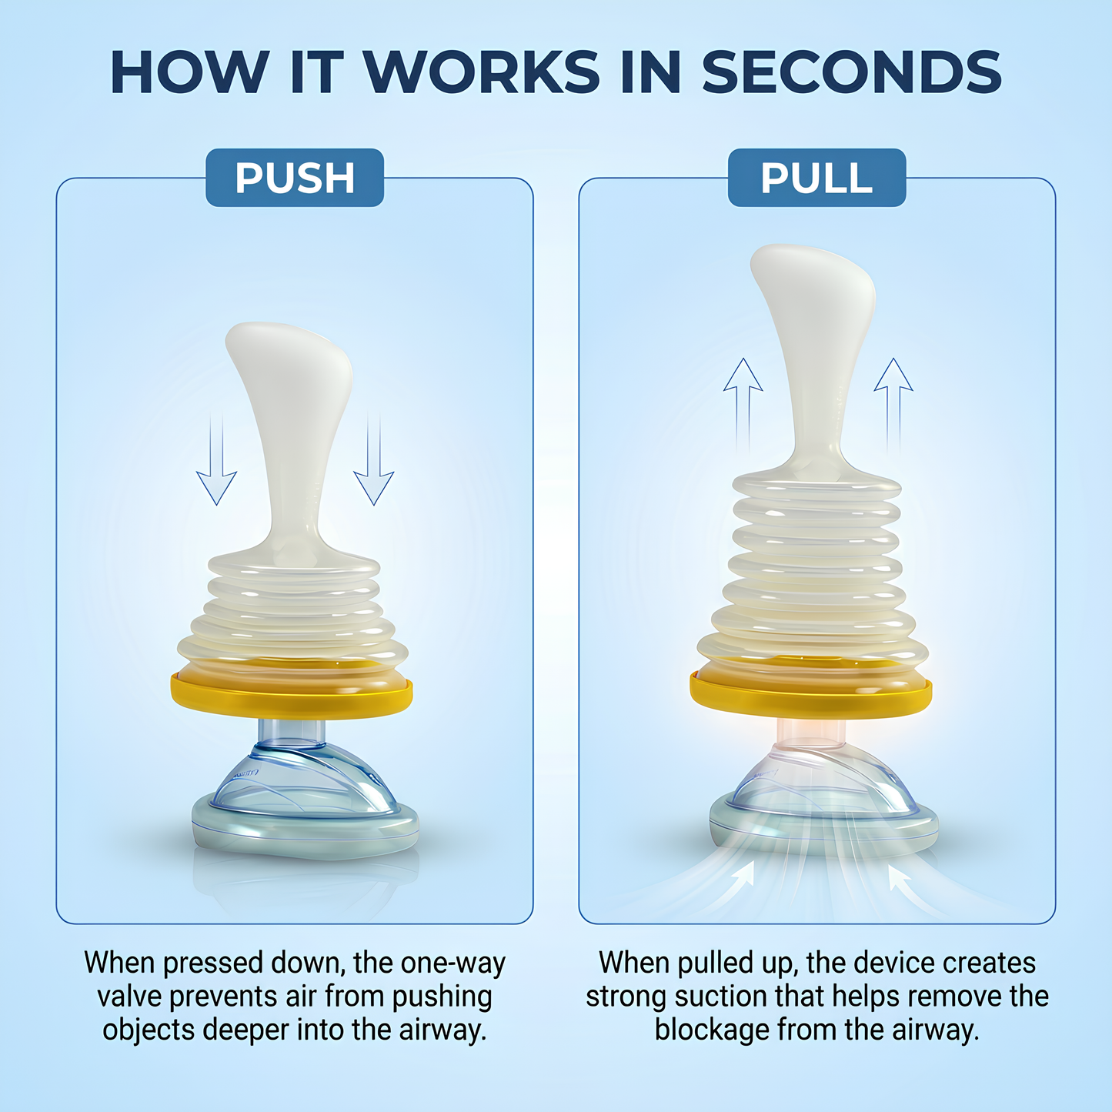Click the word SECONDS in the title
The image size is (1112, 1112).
pos(851,72)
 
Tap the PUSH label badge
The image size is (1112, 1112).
pos(295,178)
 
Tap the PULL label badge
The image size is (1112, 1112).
pos(816,178)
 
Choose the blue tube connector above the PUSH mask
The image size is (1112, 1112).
pos(291,732)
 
